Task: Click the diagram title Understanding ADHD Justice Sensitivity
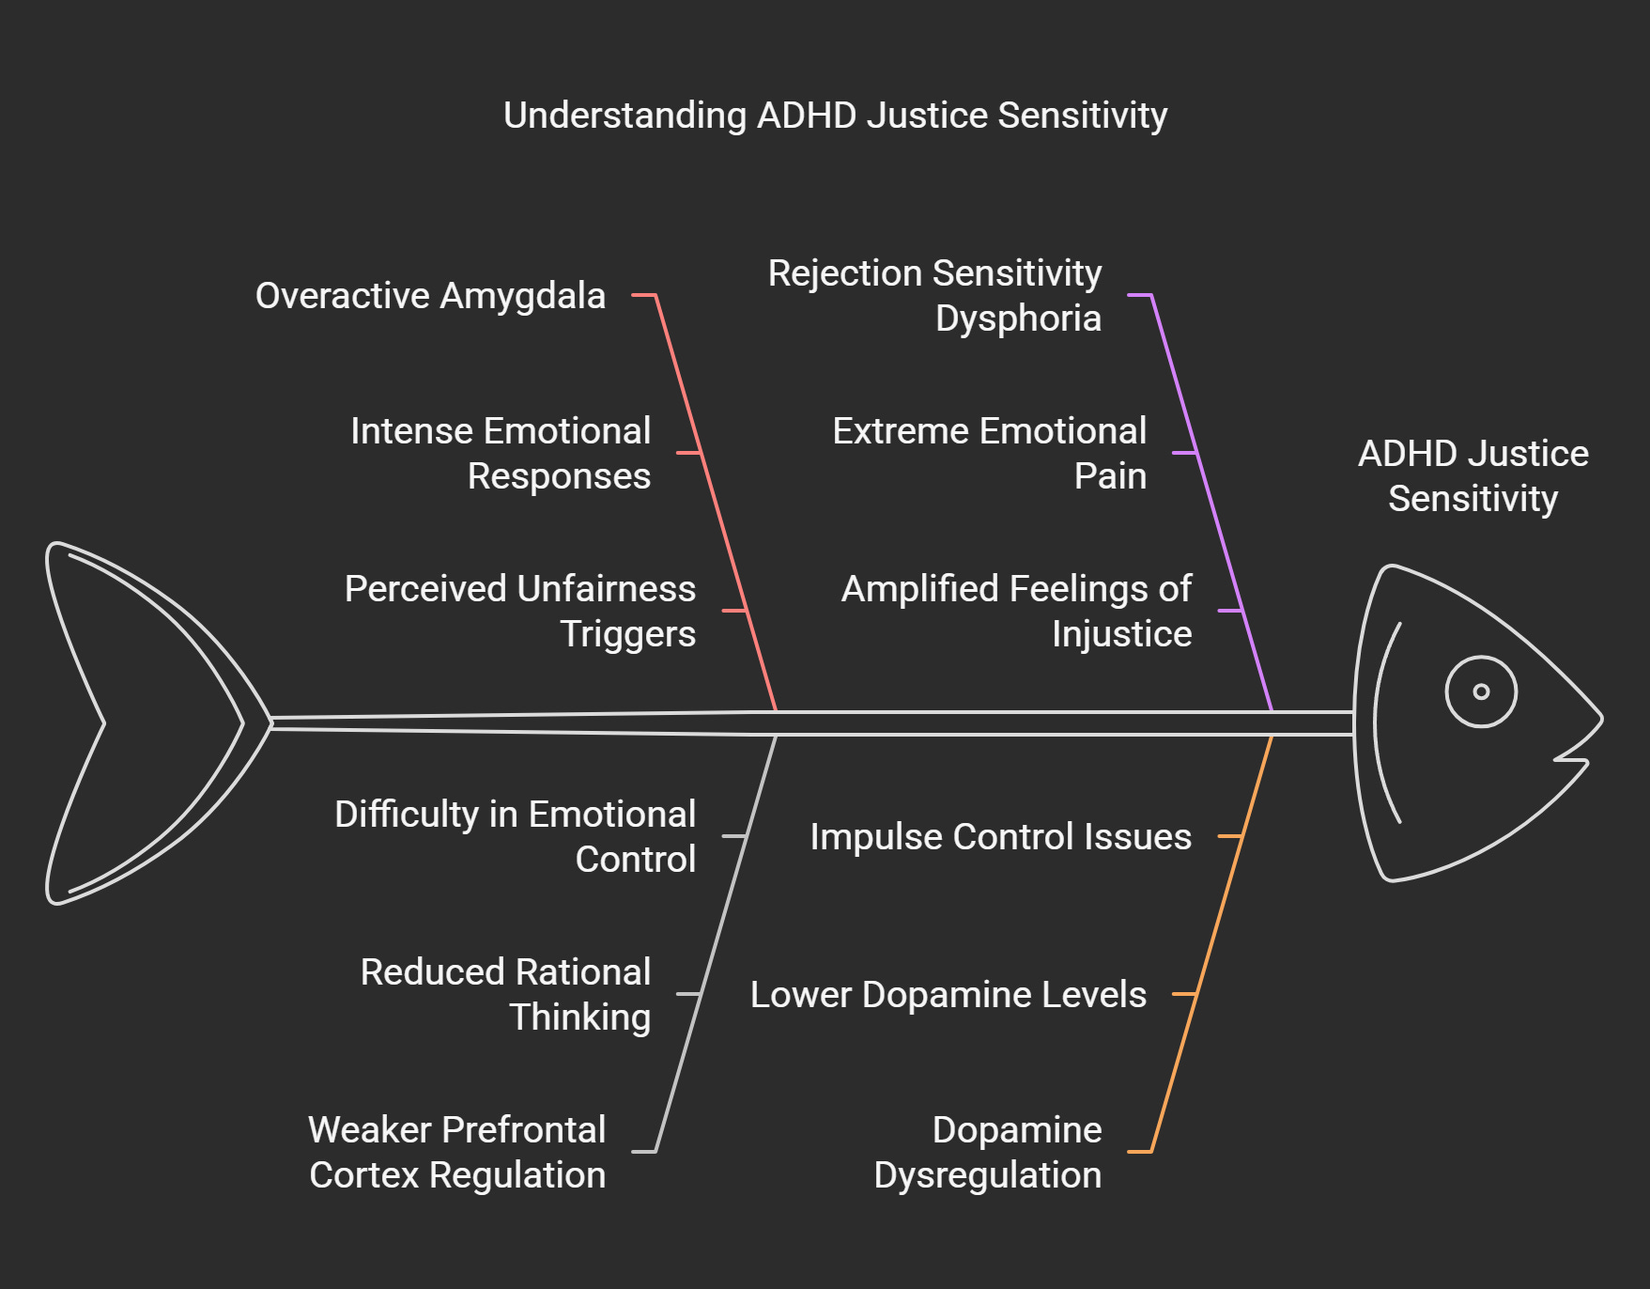[x=835, y=116]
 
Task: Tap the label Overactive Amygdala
[x=430, y=296]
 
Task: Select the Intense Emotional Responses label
[x=501, y=453]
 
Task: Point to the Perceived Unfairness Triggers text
[x=520, y=611]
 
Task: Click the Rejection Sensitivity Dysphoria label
[x=934, y=295]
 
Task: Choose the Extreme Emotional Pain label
[x=989, y=453]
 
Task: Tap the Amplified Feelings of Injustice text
[x=1016, y=611]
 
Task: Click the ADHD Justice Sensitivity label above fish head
[x=1473, y=475]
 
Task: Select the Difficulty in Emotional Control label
[x=515, y=836]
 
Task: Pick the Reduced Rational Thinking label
[x=505, y=994]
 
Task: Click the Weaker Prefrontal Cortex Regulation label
[x=457, y=1152]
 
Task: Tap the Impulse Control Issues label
[x=1000, y=836]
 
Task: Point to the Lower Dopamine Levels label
[x=948, y=994]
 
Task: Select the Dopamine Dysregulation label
[x=988, y=1152]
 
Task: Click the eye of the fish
[x=1481, y=691]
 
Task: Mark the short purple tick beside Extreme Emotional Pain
[x=1184, y=453]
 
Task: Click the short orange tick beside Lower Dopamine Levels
[x=1183, y=994]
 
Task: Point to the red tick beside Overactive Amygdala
[x=643, y=295]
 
